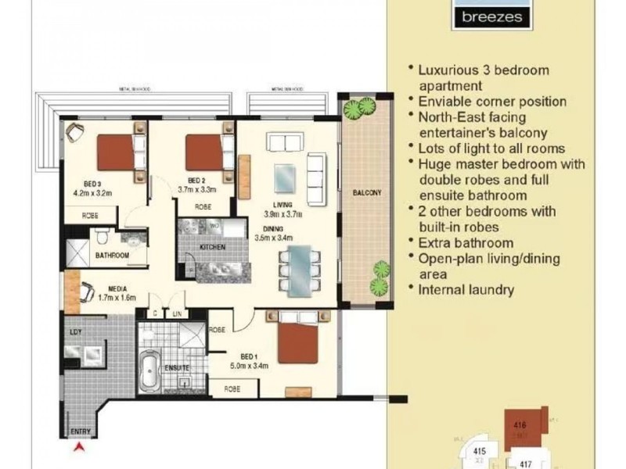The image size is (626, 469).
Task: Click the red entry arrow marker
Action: pos(78,447)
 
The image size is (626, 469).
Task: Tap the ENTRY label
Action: pos(79,431)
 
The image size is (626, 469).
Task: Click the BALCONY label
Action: pos(365,193)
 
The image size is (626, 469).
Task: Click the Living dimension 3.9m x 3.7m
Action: pos(282,213)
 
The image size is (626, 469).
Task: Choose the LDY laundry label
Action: pos(76,331)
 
